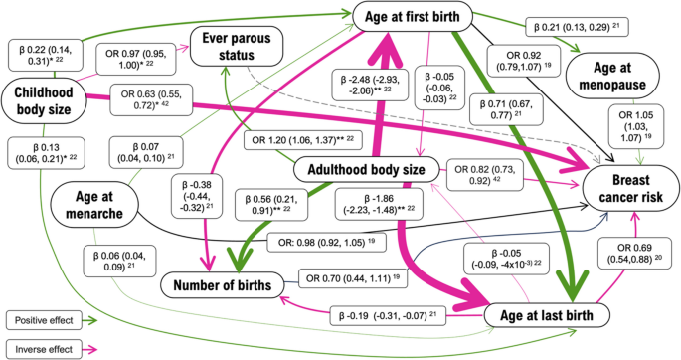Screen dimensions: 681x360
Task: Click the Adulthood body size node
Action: pyautogui.click(x=367, y=170)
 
